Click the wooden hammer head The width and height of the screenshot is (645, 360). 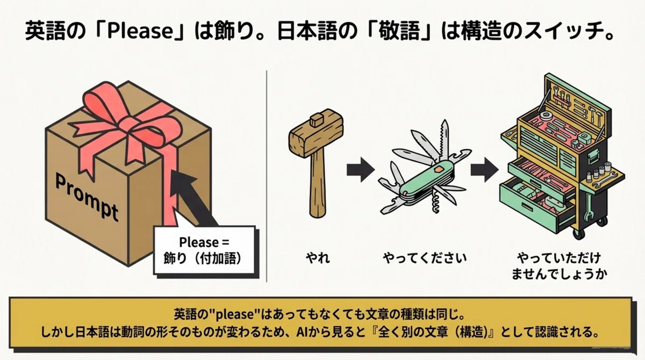click(316, 133)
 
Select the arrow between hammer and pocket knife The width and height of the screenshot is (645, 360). click(361, 170)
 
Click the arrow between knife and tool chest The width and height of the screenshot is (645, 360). click(484, 170)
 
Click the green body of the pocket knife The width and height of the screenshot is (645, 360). click(427, 181)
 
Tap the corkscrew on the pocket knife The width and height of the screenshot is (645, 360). click(436, 203)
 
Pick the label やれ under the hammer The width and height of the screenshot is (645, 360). click(318, 257)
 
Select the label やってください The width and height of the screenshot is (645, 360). click(425, 257)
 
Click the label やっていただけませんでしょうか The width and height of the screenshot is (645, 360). click(559, 266)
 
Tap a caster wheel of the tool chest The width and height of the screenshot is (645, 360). click(579, 233)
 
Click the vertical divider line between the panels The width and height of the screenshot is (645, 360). click(267, 176)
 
